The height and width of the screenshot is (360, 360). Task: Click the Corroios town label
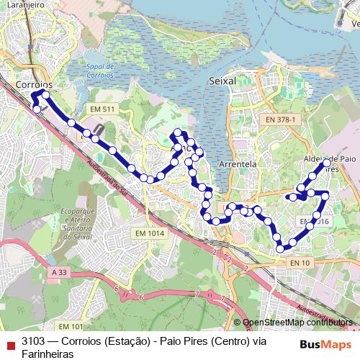pos(32,84)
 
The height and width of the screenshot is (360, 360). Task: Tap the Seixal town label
pos(222,81)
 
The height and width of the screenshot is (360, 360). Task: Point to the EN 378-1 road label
pos(280,119)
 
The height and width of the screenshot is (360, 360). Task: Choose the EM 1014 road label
pos(149,233)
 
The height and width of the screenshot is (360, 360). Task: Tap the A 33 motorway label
pos(63,272)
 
